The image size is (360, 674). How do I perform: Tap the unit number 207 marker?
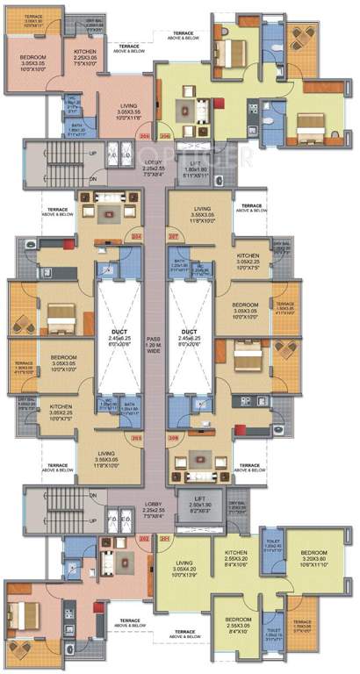click(174, 235)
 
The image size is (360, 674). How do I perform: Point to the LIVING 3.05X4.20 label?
click(185, 569)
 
